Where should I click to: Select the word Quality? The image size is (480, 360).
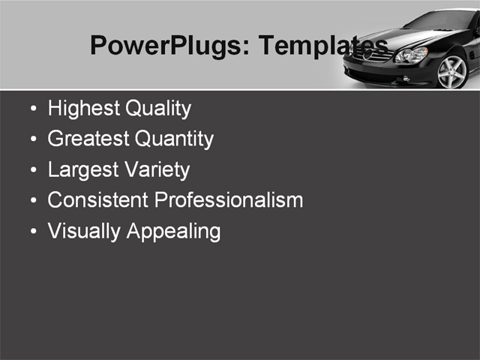[x=157, y=109]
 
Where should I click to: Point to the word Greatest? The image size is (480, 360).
[x=86, y=139]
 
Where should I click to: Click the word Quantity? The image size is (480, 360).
[x=174, y=139]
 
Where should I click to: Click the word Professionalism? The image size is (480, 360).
[x=228, y=200]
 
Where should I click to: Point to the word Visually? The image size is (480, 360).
[x=84, y=231]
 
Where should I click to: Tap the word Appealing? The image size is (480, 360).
[x=173, y=231]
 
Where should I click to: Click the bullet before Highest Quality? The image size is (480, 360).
[x=32, y=109]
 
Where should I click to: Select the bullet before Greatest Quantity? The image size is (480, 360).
[x=32, y=140]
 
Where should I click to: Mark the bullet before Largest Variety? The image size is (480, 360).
[x=32, y=171]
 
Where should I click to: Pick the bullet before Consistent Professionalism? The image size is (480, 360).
[x=32, y=201]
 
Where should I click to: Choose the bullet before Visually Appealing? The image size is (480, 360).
[x=32, y=232]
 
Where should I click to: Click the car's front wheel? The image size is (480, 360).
[x=451, y=72]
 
